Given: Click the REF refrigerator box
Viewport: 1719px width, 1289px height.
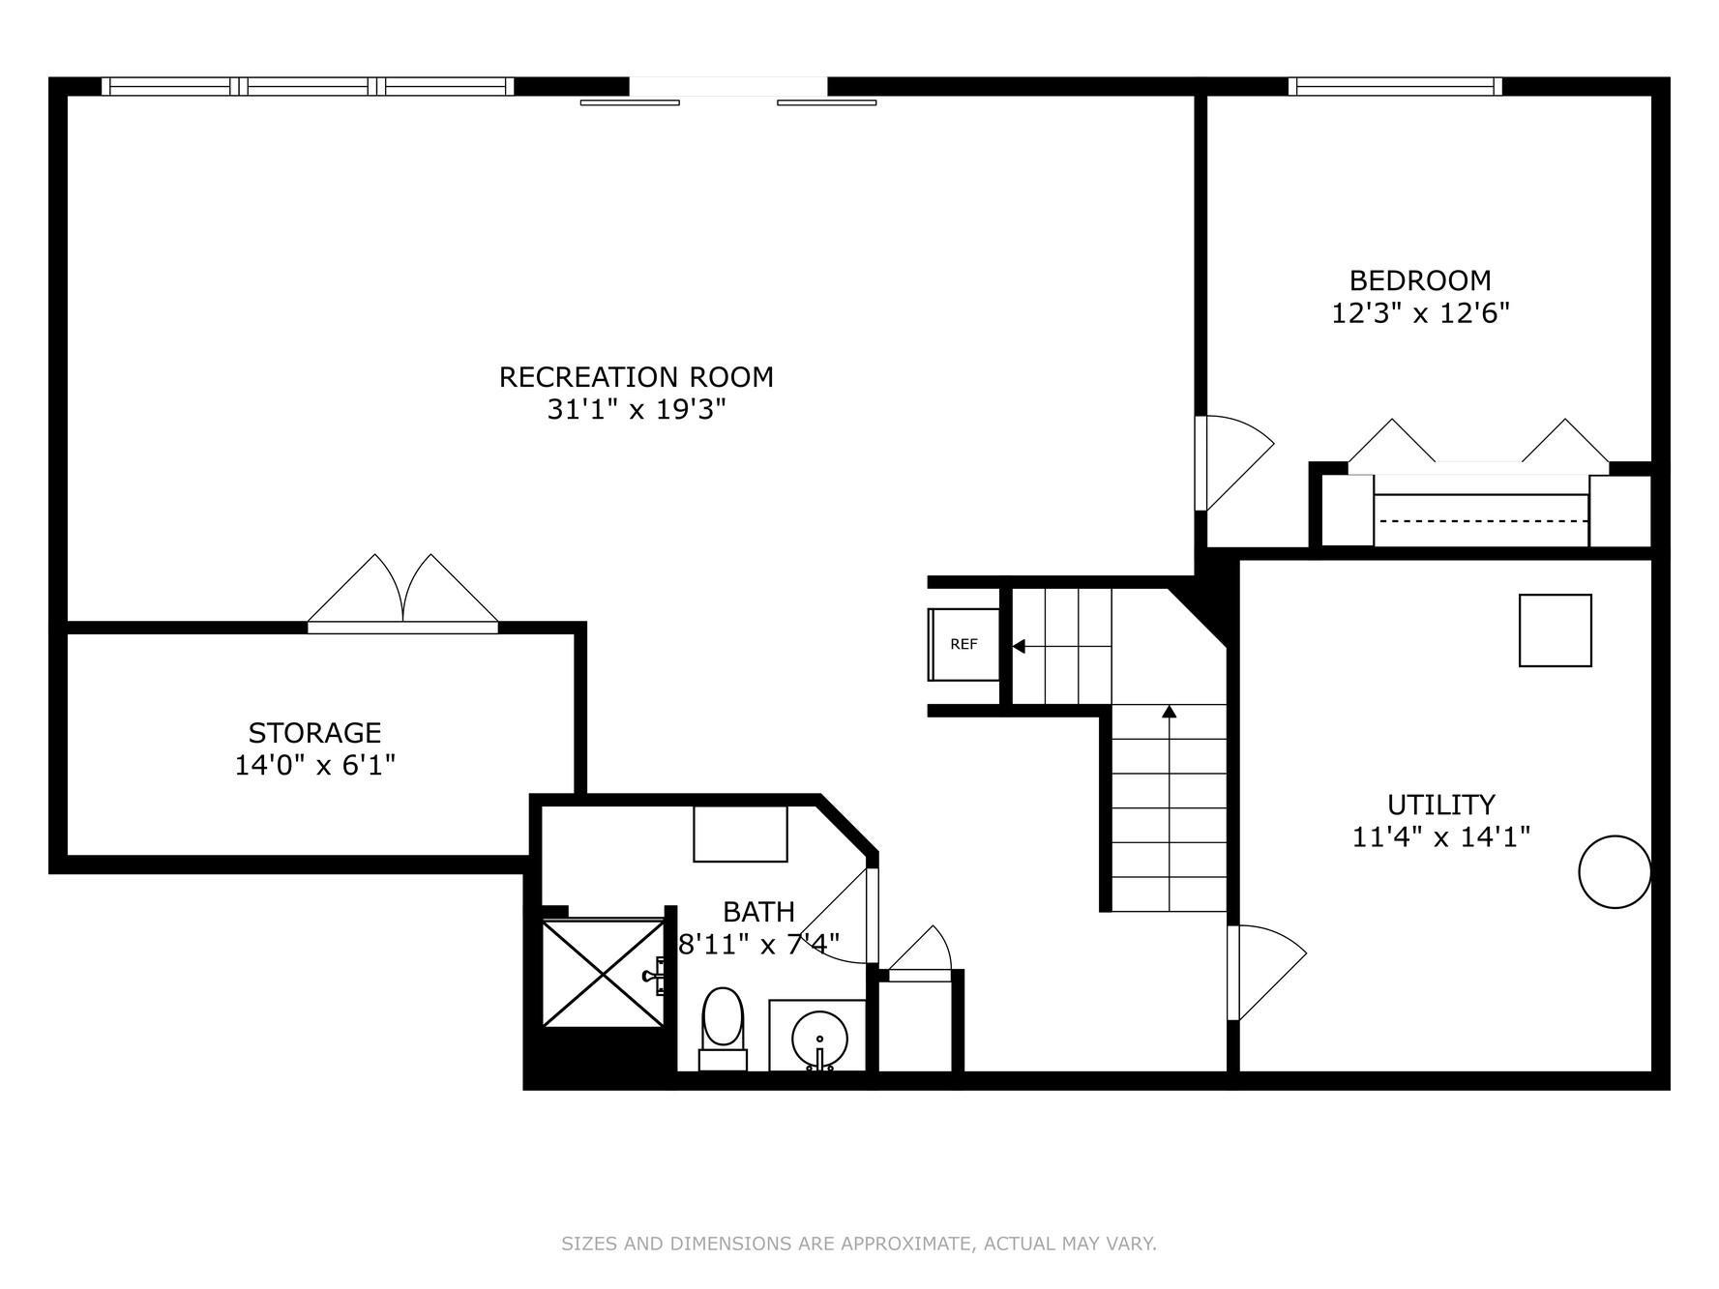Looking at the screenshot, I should click(963, 644).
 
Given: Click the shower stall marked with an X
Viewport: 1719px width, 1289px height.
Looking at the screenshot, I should click(602, 974).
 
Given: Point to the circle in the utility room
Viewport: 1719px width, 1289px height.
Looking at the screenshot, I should click(1614, 871).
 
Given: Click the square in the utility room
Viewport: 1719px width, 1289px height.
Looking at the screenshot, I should click(1555, 630).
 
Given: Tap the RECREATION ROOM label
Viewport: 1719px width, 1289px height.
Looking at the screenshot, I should click(636, 377).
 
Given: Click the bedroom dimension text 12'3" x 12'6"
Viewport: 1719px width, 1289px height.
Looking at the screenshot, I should click(1420, 313).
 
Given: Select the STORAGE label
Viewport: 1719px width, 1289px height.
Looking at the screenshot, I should click(314, 732).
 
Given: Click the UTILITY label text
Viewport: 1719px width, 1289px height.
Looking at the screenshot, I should click(1440, 805).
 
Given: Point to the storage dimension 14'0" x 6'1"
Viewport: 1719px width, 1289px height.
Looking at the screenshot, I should click(314, 765).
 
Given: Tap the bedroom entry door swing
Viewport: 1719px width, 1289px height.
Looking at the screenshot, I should click(1233, 462).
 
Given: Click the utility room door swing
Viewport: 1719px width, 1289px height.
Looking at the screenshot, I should click(1265, 971).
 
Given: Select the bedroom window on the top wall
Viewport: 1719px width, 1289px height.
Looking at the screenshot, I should click(1395, 86).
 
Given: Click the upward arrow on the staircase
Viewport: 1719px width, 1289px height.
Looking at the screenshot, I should click(1169, 713).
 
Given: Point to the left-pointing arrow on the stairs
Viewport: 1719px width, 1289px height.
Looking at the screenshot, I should click(1019, 646).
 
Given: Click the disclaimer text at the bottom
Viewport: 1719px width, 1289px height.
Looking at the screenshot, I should click(858, 1244).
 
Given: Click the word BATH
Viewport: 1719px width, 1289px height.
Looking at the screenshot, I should click(758, 912).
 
